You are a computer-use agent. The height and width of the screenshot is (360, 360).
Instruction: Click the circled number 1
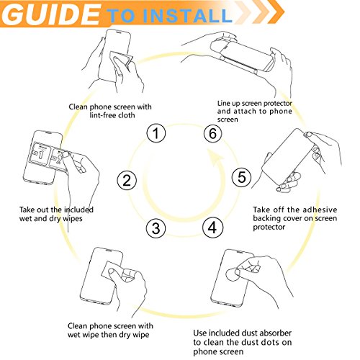[156, 133]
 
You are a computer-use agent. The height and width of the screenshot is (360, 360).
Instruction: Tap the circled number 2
[127, 181]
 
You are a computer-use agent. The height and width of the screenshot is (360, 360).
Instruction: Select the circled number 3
[156, 228]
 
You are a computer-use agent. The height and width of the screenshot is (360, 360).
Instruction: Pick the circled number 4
[212, 228]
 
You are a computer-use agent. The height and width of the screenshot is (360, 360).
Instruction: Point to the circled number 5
[242, 177]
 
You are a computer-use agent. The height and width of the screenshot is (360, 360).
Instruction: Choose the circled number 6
[213, 133]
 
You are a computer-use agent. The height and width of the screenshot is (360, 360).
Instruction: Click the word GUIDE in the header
[52, 15]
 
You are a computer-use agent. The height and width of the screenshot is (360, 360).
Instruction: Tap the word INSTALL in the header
[187, 16]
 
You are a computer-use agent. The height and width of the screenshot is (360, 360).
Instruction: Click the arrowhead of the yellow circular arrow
[215, 158]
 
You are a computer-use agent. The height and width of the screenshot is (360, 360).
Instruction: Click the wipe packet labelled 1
[41, 153]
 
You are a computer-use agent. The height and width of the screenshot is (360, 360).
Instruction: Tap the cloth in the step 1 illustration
[121, 63]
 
